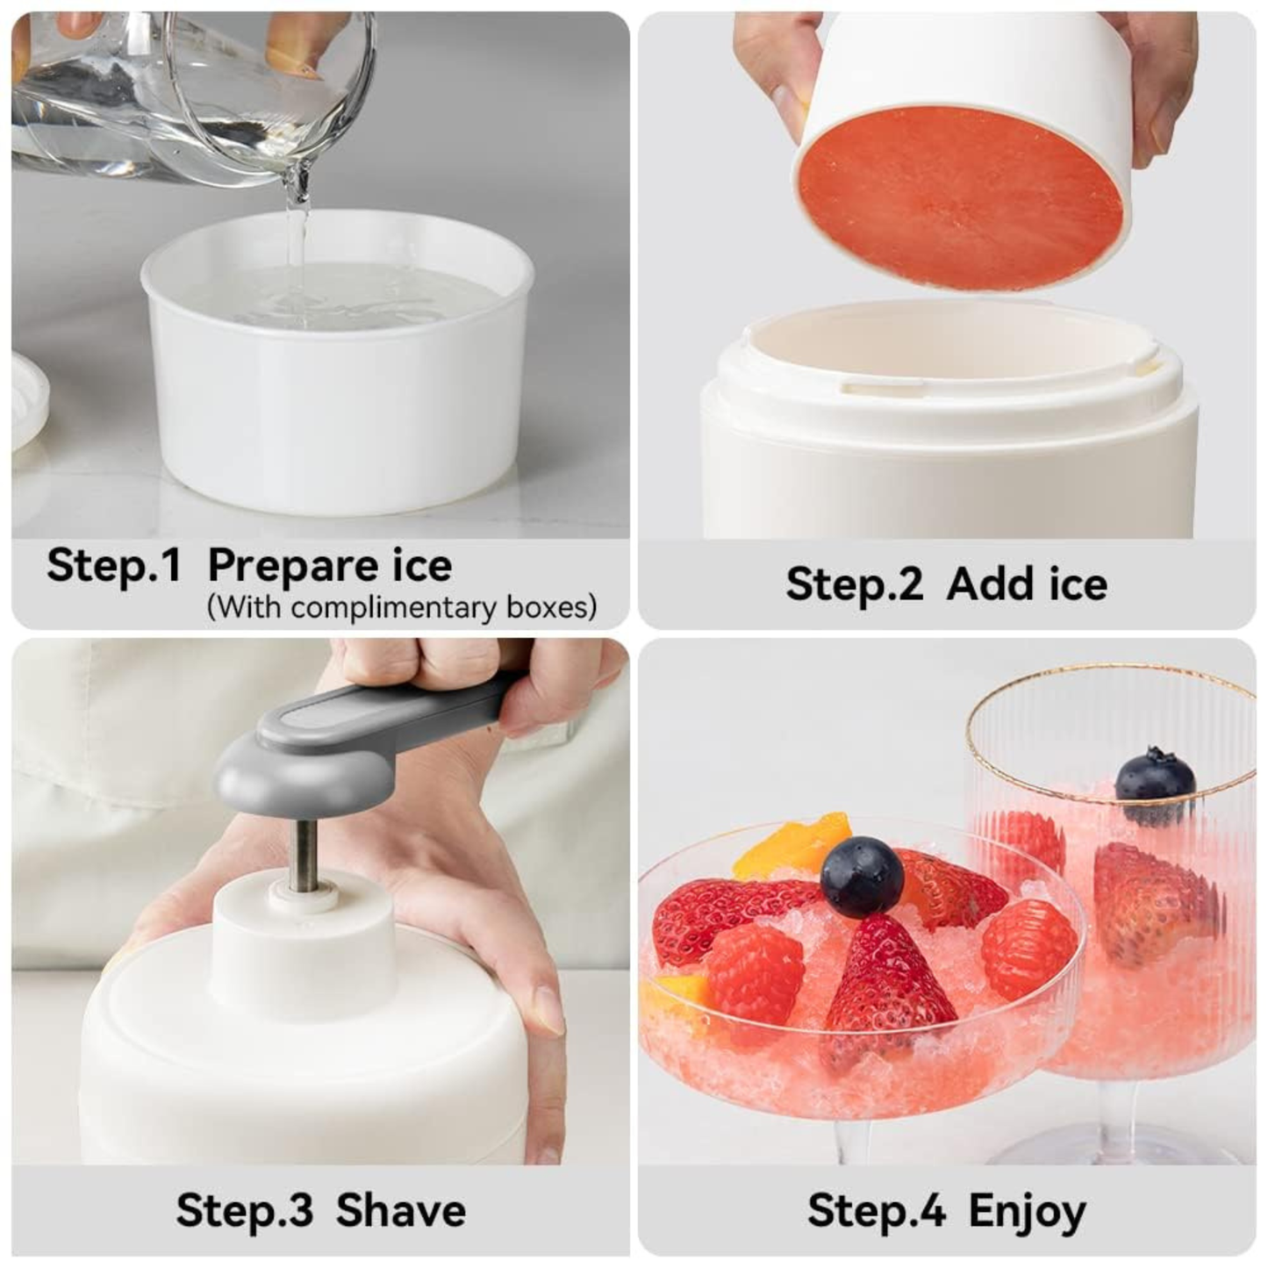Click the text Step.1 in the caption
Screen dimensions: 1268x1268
point(113,565)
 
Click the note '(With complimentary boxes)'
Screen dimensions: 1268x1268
point(402,607)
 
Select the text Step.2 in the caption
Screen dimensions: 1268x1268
point(854,584)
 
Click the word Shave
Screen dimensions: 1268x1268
point(401,1211)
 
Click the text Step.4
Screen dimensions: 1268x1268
point(876,1211)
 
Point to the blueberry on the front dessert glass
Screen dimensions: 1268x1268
point(862,877)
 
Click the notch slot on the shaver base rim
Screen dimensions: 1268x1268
point(886,383)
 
